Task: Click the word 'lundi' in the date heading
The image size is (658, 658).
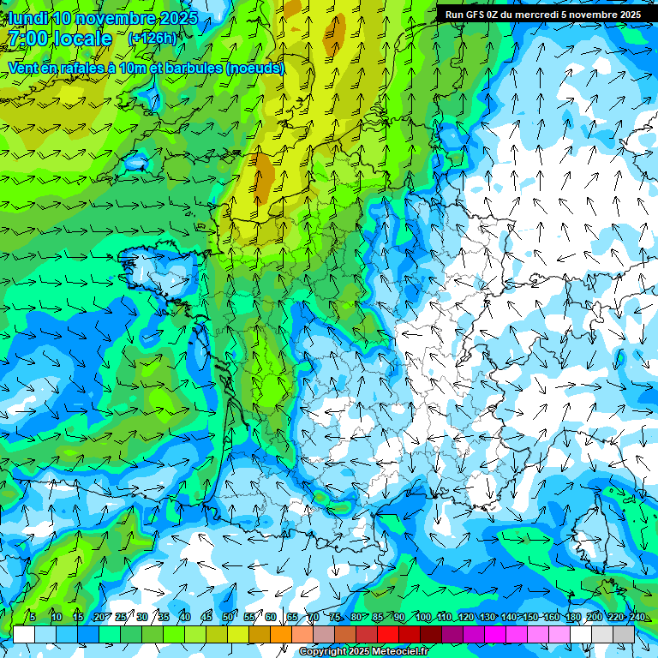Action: (x=27, y=18)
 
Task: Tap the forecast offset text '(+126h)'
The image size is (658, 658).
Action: (x=152, y=38)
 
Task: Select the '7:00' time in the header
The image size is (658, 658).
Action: (x=28, y=39)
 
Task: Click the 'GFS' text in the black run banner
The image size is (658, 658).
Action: (x=474, y=15)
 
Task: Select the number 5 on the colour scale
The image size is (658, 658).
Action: (x=32, y=617)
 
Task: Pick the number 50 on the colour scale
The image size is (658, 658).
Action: (x=227, y=617)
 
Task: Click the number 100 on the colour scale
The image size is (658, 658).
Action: (x=422, y=617)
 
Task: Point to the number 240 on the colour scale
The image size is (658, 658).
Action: (x=637, y=617)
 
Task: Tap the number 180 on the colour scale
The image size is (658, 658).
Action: (x=572, y=617)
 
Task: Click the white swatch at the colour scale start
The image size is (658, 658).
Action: (x=24, y=634)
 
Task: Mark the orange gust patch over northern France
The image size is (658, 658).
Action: (x=265, y=176)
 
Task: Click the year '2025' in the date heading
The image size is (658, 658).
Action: (x=179, y=18)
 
